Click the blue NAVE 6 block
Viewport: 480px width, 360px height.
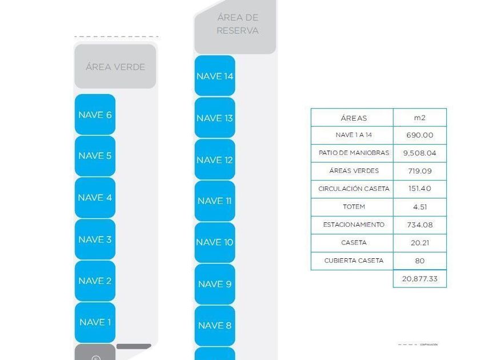coord(95,115)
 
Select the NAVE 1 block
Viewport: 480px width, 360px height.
coord(95,322)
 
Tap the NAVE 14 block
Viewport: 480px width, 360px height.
coord(215,76)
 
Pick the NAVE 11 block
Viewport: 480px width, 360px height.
coord(215,201)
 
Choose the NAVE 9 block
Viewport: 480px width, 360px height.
coord(215,284)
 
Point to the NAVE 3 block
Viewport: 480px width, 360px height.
coord(95,239)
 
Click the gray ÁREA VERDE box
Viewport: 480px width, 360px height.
coord(115,67)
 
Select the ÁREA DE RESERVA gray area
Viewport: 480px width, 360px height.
coord(237,25)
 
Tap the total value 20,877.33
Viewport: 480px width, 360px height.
coord(419,278)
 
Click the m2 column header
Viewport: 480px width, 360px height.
coord(419,118)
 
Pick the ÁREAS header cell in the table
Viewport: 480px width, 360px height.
coord(354,118)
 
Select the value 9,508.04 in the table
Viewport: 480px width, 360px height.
coord(419,153)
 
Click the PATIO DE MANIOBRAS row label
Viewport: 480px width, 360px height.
coord(354,153)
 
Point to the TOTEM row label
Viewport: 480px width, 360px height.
coord(354,207)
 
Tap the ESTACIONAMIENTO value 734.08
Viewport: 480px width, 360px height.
coord(419,225)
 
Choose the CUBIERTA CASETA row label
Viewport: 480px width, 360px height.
coord(354,261)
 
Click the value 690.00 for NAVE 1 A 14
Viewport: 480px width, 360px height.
coord(419,135)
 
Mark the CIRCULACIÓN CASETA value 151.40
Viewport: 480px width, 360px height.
coord(419,189)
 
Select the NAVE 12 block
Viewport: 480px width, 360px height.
coord(215,160)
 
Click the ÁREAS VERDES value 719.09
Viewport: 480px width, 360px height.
coord(419,171)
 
